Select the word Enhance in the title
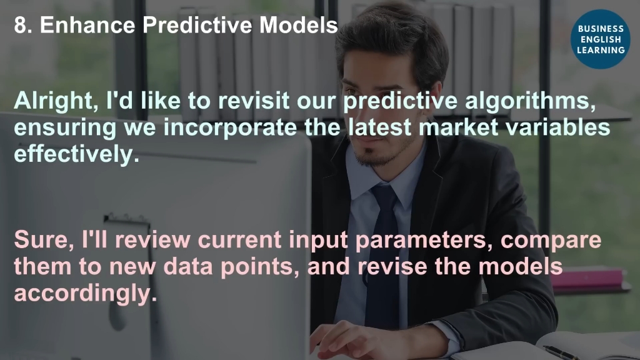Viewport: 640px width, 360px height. (x=87, y=25)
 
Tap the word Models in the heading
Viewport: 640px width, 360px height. (x=298, y=25)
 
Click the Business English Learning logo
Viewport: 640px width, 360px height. (x=601, y=39)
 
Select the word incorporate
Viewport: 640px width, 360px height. (x=230, y=127)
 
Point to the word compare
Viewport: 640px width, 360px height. (x=551, y=241)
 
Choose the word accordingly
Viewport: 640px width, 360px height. (x=85, y=294)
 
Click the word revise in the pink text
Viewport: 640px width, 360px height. (x=392, y=266)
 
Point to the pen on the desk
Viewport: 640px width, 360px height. (x=561, y=352)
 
